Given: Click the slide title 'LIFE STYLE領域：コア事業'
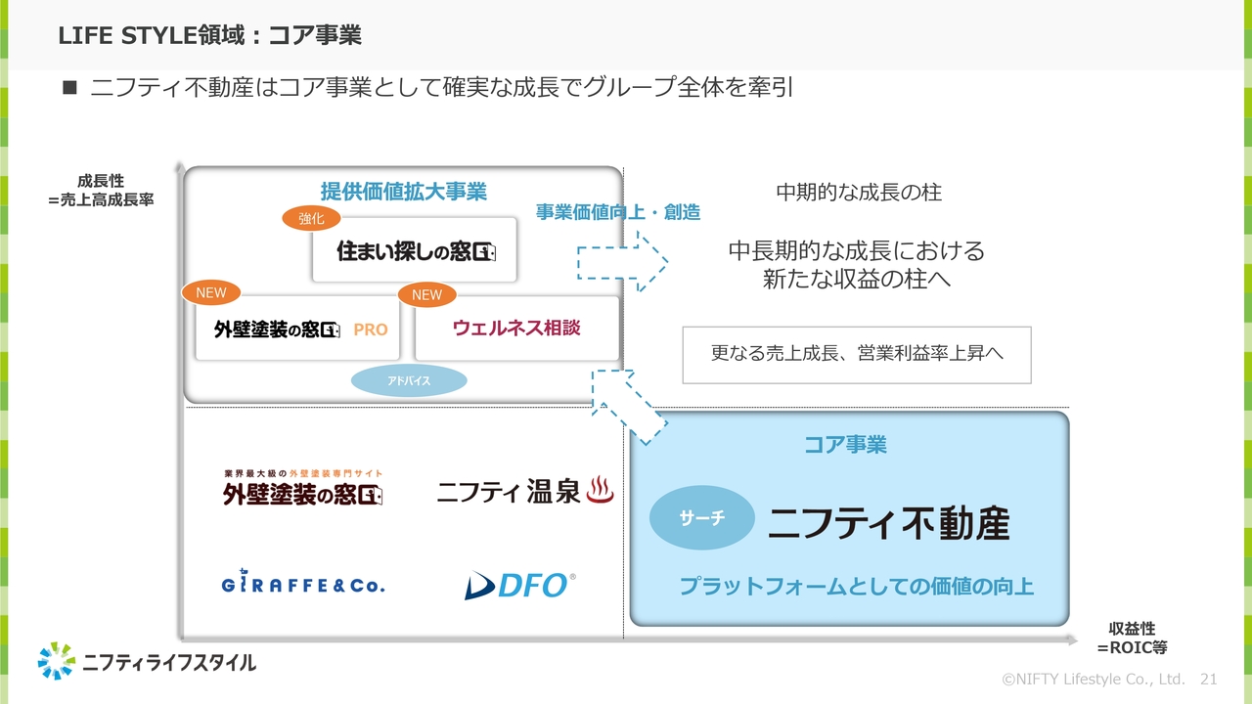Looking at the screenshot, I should pyautogui.click(x=209, y=36).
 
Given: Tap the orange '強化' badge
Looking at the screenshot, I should pyautogui.click(x=311, y=219).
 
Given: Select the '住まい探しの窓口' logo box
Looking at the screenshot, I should pyautogui.click(x=415, y=250).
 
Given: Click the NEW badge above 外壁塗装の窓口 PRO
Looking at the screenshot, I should pyautogui.click(x=210, y=292).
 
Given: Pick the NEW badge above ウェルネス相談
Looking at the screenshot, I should pyautogui.click(x=426, y=294).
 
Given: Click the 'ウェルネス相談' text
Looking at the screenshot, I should pyautogui.click(x=516, y=328).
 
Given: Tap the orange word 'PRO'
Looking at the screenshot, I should pyautogui.click(x=371, y=330).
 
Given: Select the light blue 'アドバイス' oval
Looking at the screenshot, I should pyautogui.click(x=409, y=381).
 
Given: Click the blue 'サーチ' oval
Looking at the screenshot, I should pyautogui.click(x=702, y=518).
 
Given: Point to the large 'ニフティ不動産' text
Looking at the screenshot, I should pyautogui.click(x=888, y=523).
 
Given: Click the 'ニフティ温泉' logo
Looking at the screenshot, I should pyautogui.click(x=525, y=492).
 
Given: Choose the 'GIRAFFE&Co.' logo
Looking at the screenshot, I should pyautogui.click(x=303, y=585).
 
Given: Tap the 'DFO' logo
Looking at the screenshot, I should pyautogui.click(x=519, y=585).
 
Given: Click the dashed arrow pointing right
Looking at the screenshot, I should pyautogui.click(x=622, y=262).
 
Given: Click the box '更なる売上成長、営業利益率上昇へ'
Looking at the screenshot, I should pyautogui.click(x=857, y=355).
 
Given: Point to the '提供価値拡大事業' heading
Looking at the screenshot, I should pyautogui.click(x=403, y=192).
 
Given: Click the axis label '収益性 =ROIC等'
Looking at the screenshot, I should pyautogui.click(x=1132, y=638).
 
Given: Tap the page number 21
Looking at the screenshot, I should pyautogui.click(x=1208, y=679).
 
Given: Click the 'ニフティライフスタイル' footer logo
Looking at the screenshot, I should pyautogui.click(x=147, y=662).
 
